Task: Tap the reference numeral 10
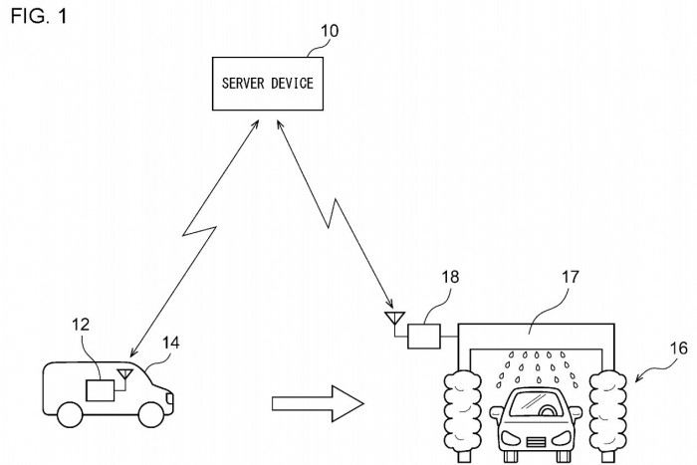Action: [x=328, y=31]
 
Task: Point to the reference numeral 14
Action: [x=171, y=344]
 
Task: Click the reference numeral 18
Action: [x=451, y=281]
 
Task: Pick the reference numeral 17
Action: [x=570, y=280]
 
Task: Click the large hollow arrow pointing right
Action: [x=318, y=404]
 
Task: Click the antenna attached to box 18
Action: [x=393, y=321]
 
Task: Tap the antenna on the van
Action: [x=125, y=375]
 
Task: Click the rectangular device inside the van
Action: [x=101, y=389]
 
